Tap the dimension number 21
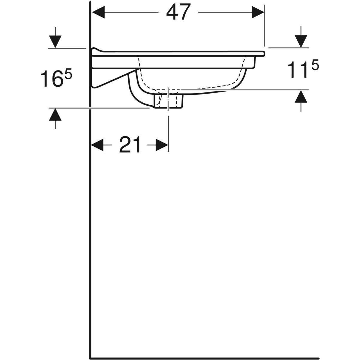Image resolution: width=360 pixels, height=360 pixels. (130, 145)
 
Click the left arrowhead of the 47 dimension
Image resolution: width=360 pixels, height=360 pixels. (98, 12)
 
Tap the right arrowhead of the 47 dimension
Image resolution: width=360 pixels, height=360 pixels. (258, 12)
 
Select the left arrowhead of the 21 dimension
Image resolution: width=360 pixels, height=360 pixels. (97, 145)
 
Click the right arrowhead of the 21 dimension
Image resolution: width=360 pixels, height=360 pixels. (162, 145)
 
